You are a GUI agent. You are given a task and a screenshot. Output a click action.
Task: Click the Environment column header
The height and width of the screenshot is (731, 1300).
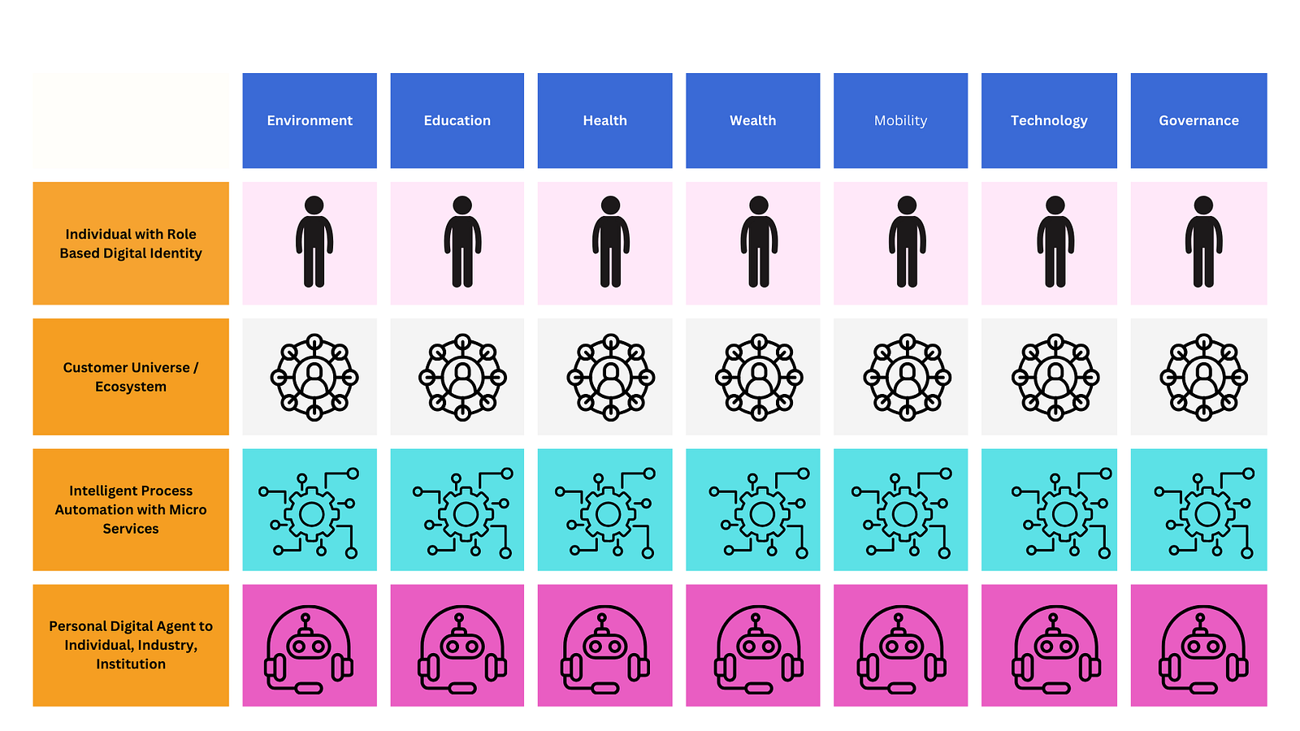pyautogui.click(x=310, y=120)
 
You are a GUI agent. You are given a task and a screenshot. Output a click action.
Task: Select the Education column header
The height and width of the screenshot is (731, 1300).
pyautogui.click(x=457, y=120)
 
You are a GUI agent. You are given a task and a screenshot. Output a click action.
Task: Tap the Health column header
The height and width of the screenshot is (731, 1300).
pyautogui.click(x=604, y=120)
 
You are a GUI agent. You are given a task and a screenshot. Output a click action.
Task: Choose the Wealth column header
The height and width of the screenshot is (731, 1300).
pyautogui.click(x=752, y=120)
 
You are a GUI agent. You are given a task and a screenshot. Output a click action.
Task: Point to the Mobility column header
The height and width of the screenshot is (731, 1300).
pyautogui.click(x=900, y=120)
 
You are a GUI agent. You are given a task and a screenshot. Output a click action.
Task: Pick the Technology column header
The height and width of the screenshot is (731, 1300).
pyautogui.click(x=1049, y=120)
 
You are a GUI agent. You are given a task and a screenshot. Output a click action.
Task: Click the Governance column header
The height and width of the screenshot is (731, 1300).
pyautogui.click(x=1198, y=120)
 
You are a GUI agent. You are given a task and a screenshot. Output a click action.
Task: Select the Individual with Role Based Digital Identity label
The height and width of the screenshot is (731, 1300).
pyautogui.click(x=131, y=244)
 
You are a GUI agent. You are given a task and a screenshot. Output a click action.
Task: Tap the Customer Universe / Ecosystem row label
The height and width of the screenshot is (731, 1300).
pyautogui.click(x=131, y=377)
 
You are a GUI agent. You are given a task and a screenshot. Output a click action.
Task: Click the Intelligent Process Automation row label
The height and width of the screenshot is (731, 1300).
pyautogui.click(x=131, y=509)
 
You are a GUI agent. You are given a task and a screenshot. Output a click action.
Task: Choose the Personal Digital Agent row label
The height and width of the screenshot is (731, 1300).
pyautogui.click(x=131, y=645)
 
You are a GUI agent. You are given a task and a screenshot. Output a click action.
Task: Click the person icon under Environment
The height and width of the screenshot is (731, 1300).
pyautogui.click(x=314, y=242)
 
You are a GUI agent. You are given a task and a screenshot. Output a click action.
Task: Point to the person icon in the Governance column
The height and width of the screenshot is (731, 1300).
pyautogui.click(x=1203, y=242)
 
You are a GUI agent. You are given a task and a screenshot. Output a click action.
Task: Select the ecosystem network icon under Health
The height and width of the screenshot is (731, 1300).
pyautogui.click(x=611, y=377)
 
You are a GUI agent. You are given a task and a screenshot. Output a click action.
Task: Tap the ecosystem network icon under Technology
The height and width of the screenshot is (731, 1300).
pyautogui.click(x=1055, y=377)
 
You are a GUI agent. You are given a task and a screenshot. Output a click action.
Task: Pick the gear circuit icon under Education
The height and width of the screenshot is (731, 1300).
pyautogui.click(x=465, y=513)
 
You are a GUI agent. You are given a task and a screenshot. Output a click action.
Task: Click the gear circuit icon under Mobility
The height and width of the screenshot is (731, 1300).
pyautogui.click(x=903, y=513)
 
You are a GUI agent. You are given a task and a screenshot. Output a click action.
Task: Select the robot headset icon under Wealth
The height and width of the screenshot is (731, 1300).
pyautogui.click(x=759, y=650)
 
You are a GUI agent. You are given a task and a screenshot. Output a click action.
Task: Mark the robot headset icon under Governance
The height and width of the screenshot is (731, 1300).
pyautogui.click(x=1203, y=650)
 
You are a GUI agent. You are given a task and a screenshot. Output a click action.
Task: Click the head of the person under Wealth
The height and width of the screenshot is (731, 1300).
pyautogui.click(x=759, y=205)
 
